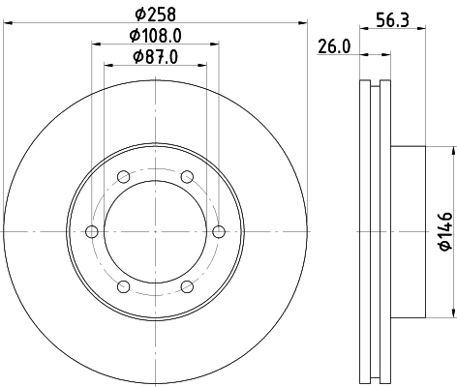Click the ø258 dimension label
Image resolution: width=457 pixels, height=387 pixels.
(154, 15)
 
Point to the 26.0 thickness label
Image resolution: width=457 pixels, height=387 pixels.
(334, 46)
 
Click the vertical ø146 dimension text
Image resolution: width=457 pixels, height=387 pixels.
(444, 231)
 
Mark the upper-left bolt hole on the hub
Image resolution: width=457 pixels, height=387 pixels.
(123, 177)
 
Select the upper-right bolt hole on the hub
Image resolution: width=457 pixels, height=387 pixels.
(186, 177)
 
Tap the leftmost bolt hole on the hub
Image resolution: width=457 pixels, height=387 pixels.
(92, 231)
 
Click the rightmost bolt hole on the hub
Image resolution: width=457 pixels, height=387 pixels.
(218, 231)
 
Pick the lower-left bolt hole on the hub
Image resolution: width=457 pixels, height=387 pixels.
(123, 285)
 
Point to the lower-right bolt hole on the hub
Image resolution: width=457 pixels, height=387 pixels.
(186, 285)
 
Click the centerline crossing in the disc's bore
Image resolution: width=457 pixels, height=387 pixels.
(155, 231)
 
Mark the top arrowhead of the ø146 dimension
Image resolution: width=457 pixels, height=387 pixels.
(452, 150)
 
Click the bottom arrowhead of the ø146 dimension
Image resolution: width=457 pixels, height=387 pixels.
(452, 313)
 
